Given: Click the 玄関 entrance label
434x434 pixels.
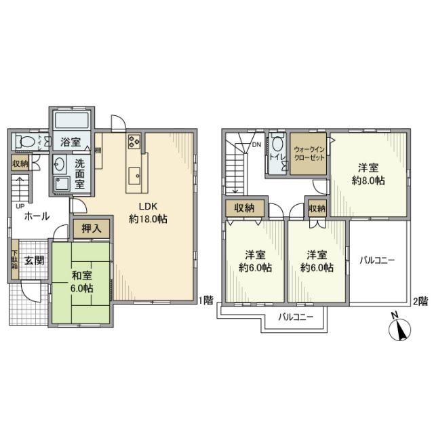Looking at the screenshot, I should (35, 260).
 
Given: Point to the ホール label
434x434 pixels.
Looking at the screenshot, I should (36, 216).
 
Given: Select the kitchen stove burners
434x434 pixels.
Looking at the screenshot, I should (133, 142).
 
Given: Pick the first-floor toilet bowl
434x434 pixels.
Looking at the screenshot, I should (28, 142).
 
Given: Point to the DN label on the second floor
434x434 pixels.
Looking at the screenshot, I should (257, 144).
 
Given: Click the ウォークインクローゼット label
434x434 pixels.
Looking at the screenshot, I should (309, 153).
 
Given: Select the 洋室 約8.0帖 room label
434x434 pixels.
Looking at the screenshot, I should (369, 175).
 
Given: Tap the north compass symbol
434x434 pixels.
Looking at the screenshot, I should (399, 330).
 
